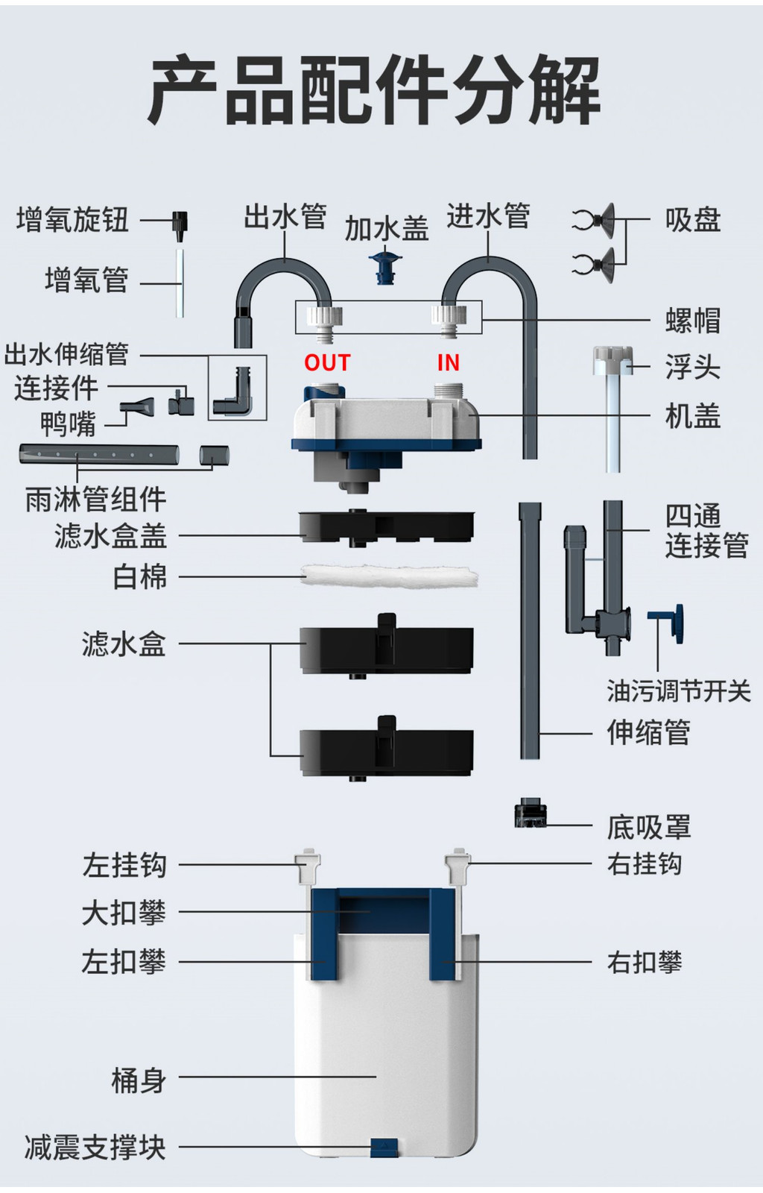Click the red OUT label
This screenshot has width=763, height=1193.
(x=327, y=362)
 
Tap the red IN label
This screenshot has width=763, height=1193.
(x=448, y=362)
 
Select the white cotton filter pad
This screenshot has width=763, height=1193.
(x=389, y=576)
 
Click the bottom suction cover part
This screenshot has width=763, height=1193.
(x=531, y=814)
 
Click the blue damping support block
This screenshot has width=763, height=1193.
(x=384, y=1148)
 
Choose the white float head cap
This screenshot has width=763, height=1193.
(x=612, y=359)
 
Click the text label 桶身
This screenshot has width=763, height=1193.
(x=139, y=1080)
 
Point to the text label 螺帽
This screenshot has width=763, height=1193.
(x=692, y=321)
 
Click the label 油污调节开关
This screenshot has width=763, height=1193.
(x=678, y=691)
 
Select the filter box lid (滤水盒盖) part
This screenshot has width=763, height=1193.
(x=386, y=527)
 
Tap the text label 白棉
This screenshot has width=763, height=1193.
(x=139, y=576)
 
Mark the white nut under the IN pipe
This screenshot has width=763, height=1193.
(x=449, y=318)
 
